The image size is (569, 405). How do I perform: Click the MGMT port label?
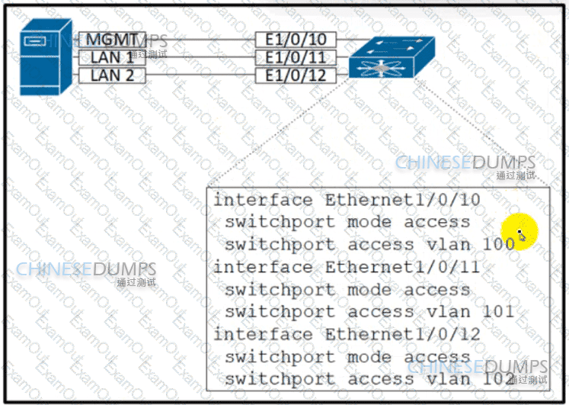112,39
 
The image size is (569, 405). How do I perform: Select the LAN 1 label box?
112,57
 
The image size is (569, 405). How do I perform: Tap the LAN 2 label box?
112,76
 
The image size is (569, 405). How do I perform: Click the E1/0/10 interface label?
296,39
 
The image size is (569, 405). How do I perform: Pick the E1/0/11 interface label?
296,57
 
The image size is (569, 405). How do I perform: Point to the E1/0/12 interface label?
296,76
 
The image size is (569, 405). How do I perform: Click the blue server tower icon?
46,57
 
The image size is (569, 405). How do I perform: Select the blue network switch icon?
392,57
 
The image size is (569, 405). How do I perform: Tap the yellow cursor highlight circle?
519,232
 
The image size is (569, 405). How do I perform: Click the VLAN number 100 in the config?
499,244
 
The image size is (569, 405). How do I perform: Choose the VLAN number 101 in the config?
499,311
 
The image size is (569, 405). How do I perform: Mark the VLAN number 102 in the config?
499,379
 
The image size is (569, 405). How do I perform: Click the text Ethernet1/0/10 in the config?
403,200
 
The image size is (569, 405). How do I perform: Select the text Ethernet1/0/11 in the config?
403,267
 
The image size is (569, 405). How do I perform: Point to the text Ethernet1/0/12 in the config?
403,334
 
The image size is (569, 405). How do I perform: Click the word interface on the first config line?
263,200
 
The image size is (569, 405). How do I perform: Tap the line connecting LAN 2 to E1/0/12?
200,76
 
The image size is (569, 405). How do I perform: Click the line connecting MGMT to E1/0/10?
200,39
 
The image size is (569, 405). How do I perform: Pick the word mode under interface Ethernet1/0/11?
369,290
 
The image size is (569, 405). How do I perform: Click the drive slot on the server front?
35,41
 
